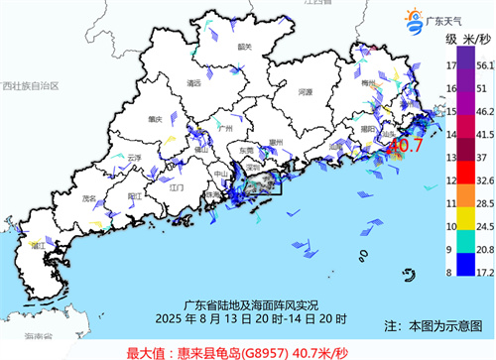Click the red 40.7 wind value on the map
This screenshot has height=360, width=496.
click(x=405, y=146)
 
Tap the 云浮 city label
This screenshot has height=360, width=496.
click(x=135, y=157)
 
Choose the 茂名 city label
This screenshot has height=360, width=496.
click(x=96, y=197)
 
